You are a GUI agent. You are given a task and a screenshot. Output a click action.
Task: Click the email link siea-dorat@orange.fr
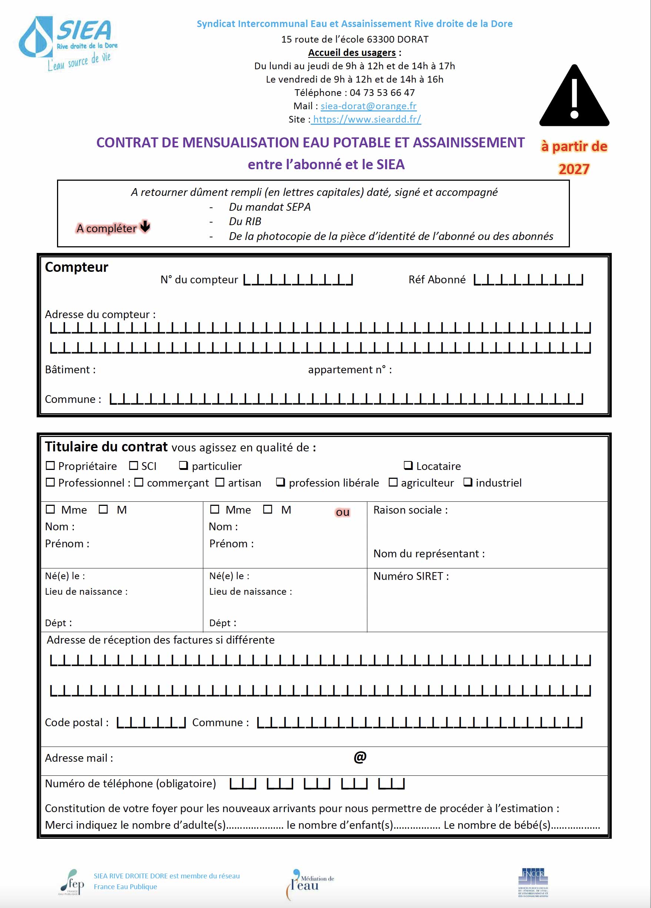(x=368, y=106)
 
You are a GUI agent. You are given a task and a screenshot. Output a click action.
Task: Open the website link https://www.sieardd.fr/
(x=366, y=119)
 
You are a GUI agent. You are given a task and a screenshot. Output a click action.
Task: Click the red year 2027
(x=574, y=169)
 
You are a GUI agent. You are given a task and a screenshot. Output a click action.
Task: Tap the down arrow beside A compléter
(x=145, y=226)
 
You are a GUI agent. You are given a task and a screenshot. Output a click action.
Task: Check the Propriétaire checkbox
(x=50, y=465)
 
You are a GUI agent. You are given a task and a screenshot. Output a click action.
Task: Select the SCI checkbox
(x=133, y=465)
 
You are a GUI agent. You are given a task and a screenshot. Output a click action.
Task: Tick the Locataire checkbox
(x=408, y=465)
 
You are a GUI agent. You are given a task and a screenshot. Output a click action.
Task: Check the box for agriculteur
(x=393, y=483)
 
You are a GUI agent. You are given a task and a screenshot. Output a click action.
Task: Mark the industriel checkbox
(x=468, y=482)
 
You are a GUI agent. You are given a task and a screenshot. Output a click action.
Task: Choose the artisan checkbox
(x=220, y=483)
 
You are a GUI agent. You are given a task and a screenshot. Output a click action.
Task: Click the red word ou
(x=343, y=513)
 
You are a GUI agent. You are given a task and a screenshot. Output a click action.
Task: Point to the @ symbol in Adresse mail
(x=360, y=757)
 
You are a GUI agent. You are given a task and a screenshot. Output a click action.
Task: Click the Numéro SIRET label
(x=411, y=576)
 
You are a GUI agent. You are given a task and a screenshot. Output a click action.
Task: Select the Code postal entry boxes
(x=151, y=722)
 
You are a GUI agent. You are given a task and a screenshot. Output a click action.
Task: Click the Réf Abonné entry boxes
(x=528, y=280)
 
